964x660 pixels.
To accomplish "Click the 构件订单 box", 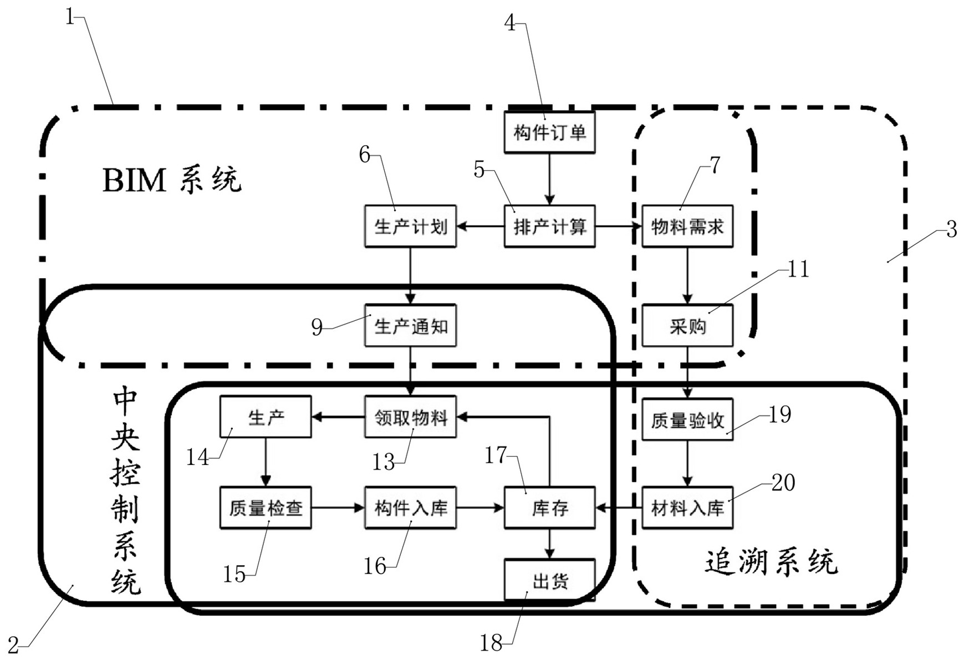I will point(549,132).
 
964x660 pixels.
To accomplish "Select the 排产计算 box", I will point(549,226).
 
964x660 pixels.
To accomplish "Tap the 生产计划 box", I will point(410,226).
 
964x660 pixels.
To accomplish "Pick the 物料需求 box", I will point(687,226).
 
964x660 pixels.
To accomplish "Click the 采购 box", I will point(687,326).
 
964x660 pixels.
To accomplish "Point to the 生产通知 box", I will point(410,326).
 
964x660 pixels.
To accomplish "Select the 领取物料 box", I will point(410,417).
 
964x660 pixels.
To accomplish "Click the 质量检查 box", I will point(266,508).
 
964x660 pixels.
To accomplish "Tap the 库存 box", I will point(549,508).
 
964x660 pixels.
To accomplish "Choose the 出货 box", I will point(549,581).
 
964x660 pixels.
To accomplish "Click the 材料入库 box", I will point(687,508).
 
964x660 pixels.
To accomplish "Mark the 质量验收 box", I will point(687,420).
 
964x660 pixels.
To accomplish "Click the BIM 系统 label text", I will point(172,180).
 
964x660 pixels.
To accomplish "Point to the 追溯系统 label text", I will point(771,562).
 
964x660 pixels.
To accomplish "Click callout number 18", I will point(491,643).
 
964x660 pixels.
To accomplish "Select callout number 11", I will point(798,269).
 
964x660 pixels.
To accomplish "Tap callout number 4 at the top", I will point(509,23).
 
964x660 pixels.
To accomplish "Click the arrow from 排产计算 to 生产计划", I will point(480,226).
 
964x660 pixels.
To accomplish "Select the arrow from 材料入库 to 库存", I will point(618,508).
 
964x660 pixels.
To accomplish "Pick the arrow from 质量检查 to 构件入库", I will point(338,508).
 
